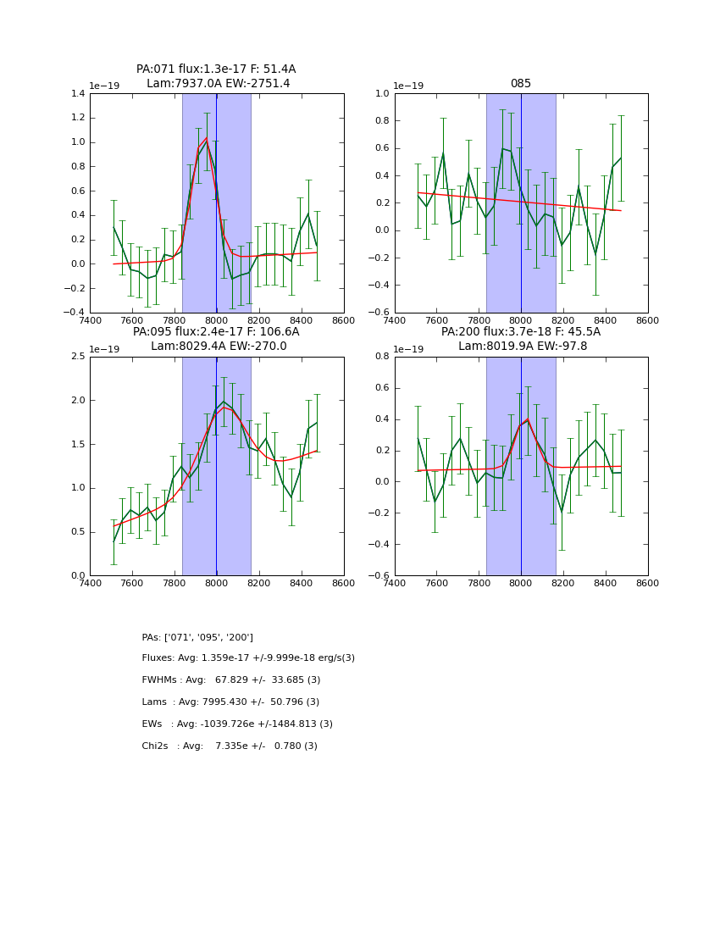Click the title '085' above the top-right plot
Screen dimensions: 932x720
520,84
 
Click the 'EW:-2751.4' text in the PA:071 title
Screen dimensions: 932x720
253,84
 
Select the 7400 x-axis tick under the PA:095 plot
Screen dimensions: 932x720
90,584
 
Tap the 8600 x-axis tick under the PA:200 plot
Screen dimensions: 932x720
647,584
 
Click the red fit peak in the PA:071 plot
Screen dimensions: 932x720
206,138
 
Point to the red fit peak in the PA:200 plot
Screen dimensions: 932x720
527,419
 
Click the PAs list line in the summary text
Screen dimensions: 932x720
197,637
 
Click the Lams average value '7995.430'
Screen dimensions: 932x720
228,702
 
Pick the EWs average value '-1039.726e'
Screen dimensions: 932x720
230,724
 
